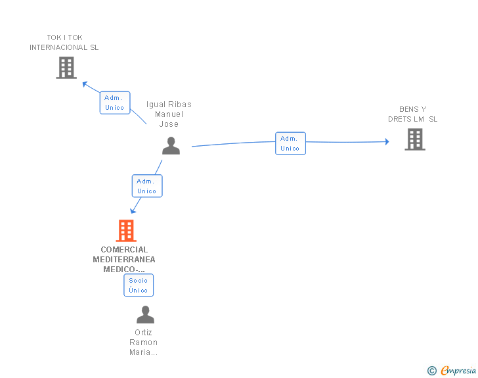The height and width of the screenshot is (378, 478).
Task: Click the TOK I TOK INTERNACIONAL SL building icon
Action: point(66,68)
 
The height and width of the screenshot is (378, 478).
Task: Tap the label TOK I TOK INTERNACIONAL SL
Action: point(64,43)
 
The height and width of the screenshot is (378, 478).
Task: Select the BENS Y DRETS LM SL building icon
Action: point(415,139)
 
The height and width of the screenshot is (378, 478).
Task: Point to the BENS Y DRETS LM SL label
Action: point(412,114)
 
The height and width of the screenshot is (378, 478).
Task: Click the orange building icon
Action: point(125,231)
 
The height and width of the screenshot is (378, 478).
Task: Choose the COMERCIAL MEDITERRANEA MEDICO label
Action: point(125,259)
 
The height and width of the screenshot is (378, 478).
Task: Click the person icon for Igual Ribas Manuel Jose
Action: point(171,146)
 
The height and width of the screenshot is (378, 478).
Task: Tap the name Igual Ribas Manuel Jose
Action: point(169,114)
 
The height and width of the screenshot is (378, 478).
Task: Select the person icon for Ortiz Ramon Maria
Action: point(145,315)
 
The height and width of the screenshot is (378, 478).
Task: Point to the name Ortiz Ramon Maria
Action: point(144,343)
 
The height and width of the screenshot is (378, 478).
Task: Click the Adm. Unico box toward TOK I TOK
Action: point(115,103)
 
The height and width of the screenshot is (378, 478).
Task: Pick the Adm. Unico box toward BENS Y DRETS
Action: point(290,143)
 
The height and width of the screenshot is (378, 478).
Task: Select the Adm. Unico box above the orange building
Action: point(147,186)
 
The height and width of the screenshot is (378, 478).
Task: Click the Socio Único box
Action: point(139,285)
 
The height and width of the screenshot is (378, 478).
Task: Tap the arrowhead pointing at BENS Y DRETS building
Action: point(387,141)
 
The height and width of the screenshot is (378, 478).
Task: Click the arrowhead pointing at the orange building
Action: point(133,210)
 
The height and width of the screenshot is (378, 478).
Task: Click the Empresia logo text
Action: point(458,371)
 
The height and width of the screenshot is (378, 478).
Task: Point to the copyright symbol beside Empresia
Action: point(431,371)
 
